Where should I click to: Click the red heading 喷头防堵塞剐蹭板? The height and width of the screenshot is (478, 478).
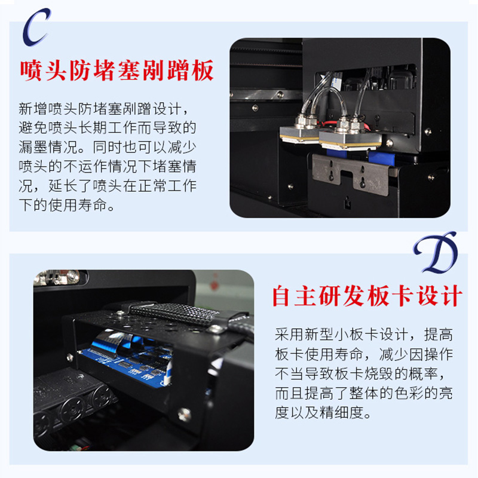point(117,71)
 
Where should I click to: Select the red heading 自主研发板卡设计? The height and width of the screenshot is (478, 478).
point(367,295)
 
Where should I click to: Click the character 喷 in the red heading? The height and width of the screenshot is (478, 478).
point(31,71)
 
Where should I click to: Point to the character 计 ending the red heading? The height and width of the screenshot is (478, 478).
point(452,295)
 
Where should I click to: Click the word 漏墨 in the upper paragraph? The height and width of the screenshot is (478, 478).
point(33,147)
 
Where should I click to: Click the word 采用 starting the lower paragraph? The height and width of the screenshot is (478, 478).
point(289,335)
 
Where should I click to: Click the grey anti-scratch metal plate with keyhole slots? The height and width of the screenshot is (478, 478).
point(351,174)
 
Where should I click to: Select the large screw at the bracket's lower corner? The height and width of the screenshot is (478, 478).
point(185,414)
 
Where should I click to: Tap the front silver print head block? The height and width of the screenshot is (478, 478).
point(350,139)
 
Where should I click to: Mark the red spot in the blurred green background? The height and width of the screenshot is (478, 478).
point(215,285)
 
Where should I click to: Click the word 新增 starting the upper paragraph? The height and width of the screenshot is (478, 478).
point(33,109)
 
